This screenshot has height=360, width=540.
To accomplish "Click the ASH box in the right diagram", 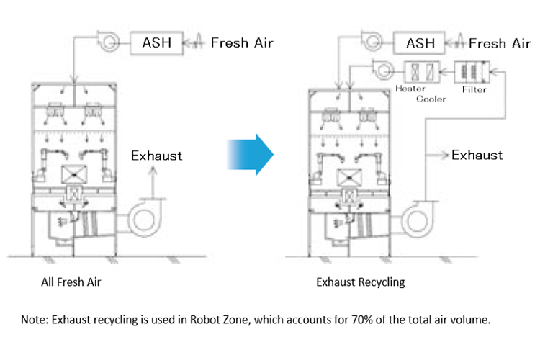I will click(420, 43).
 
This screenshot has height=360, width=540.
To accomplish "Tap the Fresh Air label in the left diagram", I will click(242, 43).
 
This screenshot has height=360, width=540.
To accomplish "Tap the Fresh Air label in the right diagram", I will click(500, 43).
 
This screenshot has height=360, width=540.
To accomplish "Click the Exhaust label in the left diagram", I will click(156, 155).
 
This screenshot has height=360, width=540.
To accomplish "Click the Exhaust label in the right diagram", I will click(477, 155).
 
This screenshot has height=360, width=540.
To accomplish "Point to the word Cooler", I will click(431, 99).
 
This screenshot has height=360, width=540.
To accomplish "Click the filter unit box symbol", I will click(472, 71).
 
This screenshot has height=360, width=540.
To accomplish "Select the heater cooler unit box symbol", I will click(422, 71).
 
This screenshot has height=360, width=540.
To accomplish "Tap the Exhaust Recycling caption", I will click(360, 282).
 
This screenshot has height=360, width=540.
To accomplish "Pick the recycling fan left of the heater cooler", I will click(381, 71).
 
